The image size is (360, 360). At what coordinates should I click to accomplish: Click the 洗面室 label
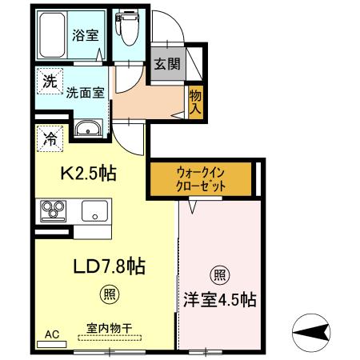86,92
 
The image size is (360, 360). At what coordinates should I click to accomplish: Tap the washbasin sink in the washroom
87,129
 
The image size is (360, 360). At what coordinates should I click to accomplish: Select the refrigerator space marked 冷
48,137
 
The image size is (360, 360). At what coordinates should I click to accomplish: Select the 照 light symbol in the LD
108,294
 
